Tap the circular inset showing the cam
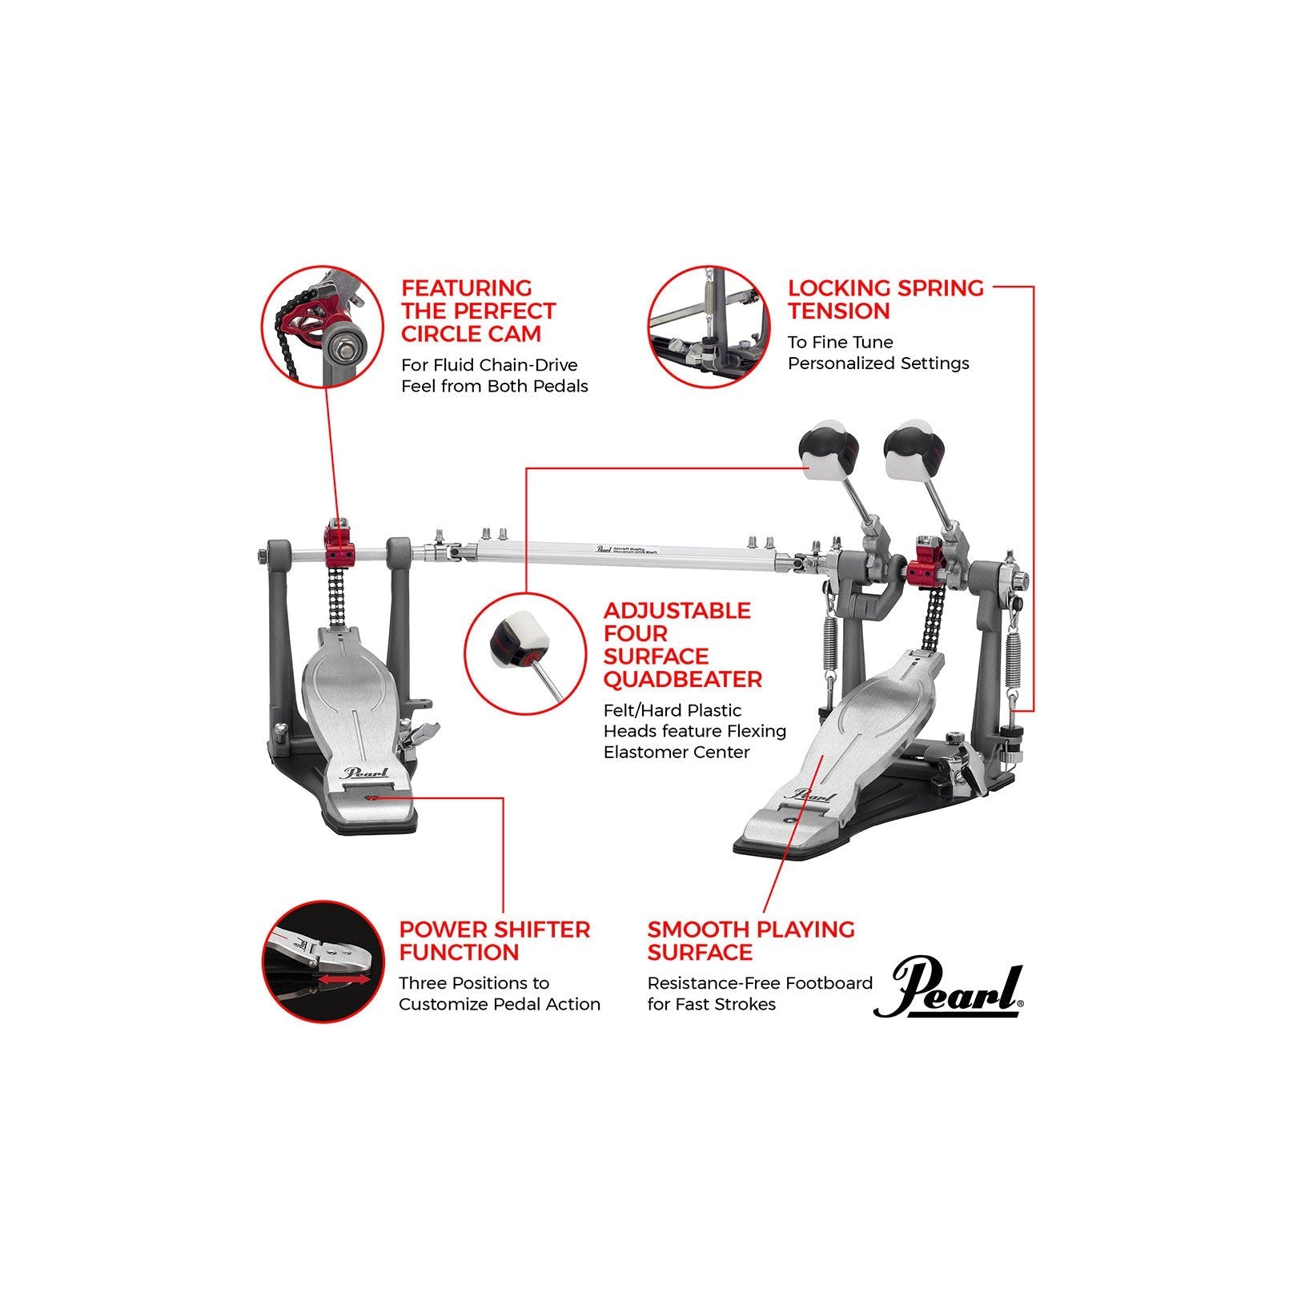(x=323, y=327)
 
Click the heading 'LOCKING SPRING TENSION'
(x=885, y=299)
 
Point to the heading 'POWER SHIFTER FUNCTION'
(x=494, y=941)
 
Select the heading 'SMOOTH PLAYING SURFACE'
(x=750, y=941)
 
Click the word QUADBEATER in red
(x=682, y=680)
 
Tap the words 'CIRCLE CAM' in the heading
(x=471, y=334)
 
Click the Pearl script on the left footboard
(x=364, y=773)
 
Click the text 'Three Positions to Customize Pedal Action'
(x=499, y=994)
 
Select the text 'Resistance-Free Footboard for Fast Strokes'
(x=759, y=994)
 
